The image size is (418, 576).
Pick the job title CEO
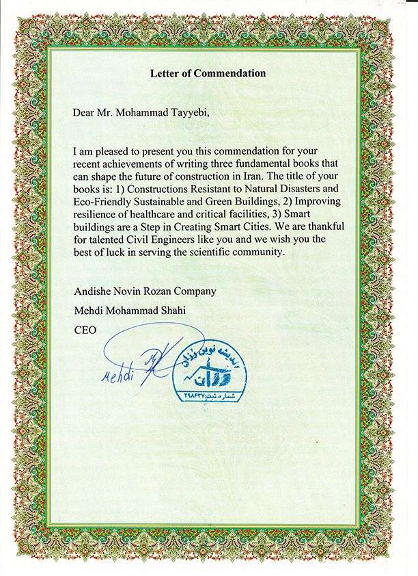tap(85, 330)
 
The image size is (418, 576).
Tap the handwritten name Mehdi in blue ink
tap(118, 376)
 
